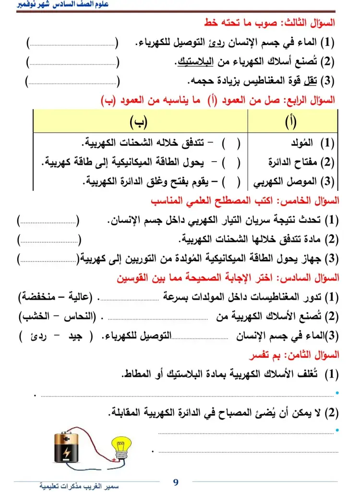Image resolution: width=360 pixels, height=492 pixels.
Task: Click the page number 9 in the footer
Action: click(x=176, y=482)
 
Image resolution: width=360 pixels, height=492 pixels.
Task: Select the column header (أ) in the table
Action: click(x=291, y=122)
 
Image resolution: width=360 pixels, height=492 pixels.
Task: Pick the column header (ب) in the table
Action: click(x=139, y=122)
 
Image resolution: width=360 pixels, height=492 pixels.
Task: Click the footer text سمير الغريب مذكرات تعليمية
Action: click(x=79, y=486)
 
